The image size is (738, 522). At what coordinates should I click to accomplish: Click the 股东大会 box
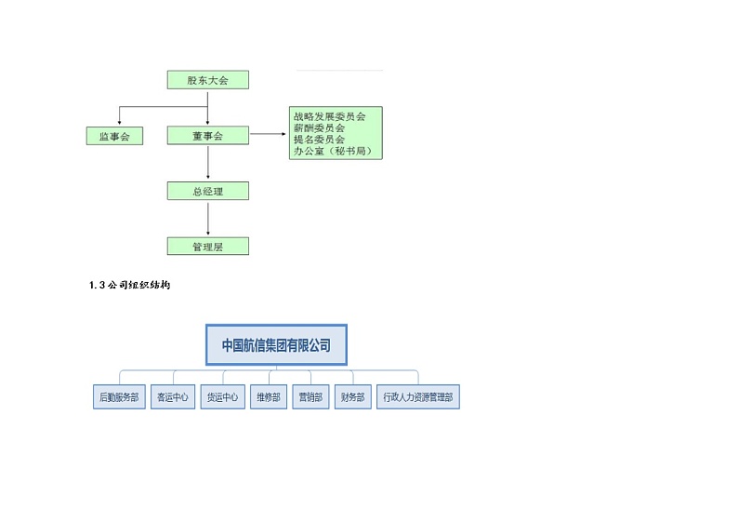tap(208, 80)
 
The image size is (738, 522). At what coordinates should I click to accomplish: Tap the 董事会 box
tap(208, 136)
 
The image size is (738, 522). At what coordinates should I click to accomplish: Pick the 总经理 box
tap(208, 191)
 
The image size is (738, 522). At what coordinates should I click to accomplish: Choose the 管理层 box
tap(208, 247)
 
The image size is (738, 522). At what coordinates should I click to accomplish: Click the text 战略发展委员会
tap(329, 116)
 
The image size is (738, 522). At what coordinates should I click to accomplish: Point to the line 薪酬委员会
tap(319, 127)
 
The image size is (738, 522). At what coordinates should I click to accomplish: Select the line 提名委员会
tap(319, 139)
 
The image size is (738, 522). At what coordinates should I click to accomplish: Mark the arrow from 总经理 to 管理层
tap(208, 220)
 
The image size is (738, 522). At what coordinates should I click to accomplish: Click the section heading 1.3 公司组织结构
tap(129, 286)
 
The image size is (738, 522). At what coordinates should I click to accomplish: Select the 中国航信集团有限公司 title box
tap(276, 345)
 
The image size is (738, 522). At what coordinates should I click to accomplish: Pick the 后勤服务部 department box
tap(120, 397)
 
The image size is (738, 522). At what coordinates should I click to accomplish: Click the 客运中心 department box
tap(173, 397)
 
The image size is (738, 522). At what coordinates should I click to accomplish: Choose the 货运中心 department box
tap(223, 397)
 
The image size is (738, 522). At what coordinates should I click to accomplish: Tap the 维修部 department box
tap(269, 397)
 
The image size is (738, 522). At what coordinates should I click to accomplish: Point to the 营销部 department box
tap(310, 397)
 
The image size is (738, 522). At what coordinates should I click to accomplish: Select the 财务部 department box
tap(352, 397)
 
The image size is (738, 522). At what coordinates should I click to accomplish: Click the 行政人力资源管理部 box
tap(418, 397)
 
